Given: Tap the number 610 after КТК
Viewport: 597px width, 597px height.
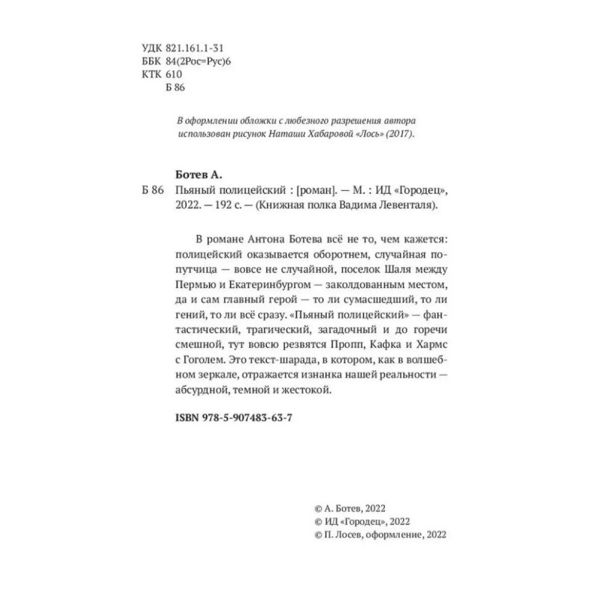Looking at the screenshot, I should point(173,74).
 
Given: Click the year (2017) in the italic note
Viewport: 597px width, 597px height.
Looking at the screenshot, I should point(398,134).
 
